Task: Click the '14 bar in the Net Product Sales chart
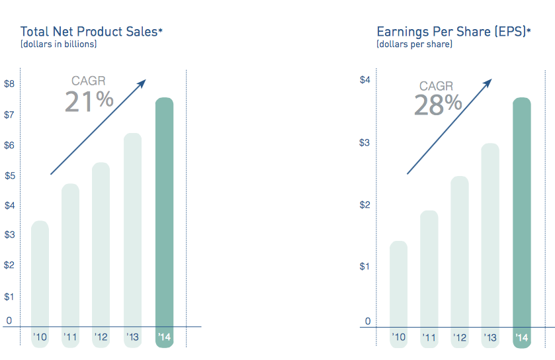tap(164, 212)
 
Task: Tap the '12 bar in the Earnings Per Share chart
tap(459, 251)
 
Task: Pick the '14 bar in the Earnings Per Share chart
tap(521, 212)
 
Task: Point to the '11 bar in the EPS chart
tap(429, 268)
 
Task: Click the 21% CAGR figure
tap(89, 101)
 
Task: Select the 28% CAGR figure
tap(437, 105)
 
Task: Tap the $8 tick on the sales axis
tap(9, 84)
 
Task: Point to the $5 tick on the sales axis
tap(9, 175)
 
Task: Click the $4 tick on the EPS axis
tap(364, 80)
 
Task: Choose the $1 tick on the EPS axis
tap(364, 266)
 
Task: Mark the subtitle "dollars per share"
tap(414, 44)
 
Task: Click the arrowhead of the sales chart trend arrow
tap(142, 82)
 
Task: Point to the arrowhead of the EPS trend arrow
tap(489, 82)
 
